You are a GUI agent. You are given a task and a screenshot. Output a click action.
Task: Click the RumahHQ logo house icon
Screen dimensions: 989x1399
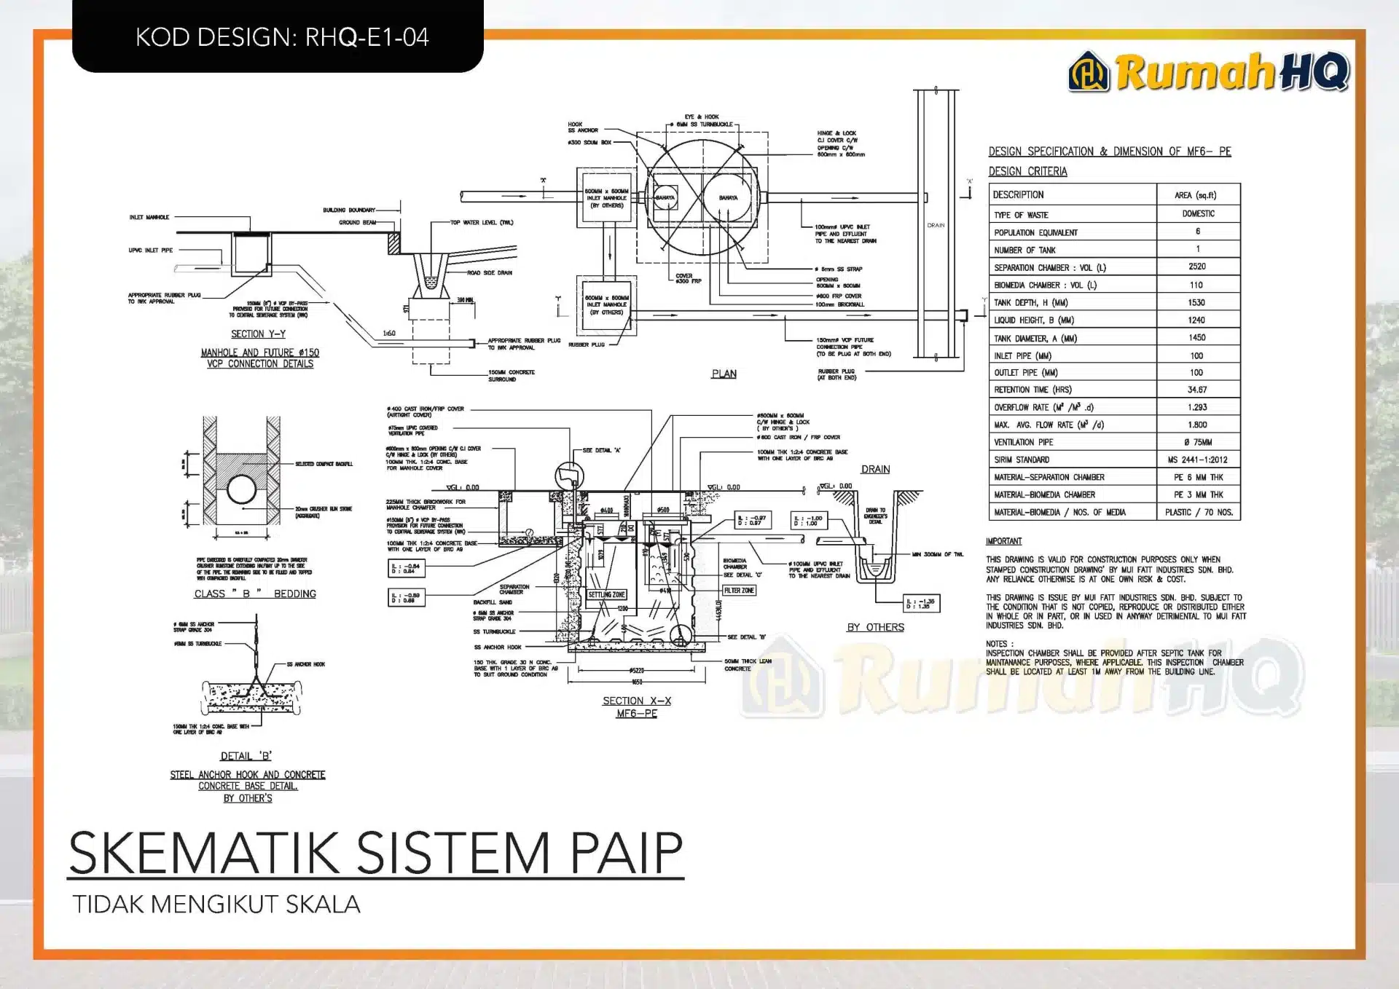[1089, 73]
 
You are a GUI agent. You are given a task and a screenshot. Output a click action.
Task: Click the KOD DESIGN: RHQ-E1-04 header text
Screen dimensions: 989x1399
[282, 37]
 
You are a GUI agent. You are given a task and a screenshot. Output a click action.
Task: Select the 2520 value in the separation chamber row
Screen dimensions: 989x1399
[1196, 267]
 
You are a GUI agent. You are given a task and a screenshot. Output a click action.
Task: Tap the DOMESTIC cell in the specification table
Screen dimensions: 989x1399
[1198, 213]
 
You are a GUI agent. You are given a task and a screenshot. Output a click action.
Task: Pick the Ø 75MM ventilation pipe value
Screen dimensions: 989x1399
[1197, 442]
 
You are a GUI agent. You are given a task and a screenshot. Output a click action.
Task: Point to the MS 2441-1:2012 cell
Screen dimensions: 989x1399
[1197, 460]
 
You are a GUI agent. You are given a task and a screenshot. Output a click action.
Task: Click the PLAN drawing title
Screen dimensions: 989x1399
[724, 374]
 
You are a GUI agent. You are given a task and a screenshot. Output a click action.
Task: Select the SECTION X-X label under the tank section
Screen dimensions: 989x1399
[637, 701]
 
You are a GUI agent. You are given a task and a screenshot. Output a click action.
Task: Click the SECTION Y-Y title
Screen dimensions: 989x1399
[258, 334]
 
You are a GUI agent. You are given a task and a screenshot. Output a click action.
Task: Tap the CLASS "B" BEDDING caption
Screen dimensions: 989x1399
[255, 594]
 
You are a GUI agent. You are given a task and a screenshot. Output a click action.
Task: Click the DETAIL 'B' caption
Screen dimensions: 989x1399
[246, 756]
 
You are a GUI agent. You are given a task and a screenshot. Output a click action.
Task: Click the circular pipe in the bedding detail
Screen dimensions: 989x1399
[241, 489]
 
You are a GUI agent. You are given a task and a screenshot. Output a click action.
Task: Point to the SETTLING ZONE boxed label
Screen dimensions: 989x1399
[606, 595]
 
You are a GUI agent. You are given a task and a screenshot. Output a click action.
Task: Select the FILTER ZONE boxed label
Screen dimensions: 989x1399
[739, 591]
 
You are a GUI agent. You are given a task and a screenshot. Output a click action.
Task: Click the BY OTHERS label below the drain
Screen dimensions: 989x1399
[875, 627]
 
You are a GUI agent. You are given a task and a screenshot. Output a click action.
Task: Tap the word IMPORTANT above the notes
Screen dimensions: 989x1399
[1003, 541]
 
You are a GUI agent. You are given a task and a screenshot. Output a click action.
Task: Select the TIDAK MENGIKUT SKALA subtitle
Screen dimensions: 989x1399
[216, 905]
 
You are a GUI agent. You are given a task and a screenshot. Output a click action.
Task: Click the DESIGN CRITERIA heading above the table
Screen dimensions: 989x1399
[1027, 171]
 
